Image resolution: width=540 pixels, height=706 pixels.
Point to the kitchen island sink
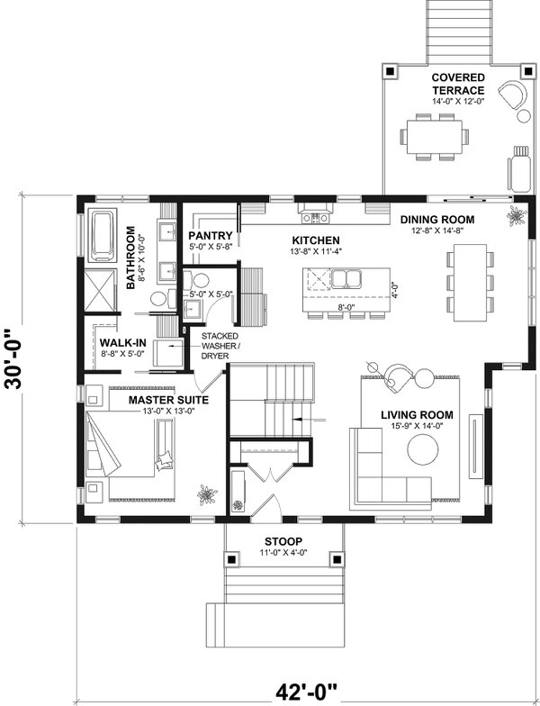344,279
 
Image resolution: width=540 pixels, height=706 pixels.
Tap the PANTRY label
211,236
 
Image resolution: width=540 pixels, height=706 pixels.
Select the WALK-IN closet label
120,343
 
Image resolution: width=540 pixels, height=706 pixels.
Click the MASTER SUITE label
169,399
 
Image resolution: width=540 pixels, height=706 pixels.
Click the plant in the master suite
208,494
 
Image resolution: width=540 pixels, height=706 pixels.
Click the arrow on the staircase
304,420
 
